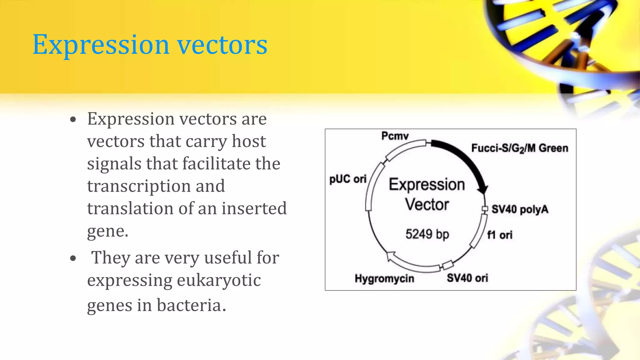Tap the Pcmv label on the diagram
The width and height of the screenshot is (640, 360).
pos(395,136)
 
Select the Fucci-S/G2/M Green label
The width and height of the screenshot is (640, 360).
pos(519,148)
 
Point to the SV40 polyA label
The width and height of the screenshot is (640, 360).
pos(520,209)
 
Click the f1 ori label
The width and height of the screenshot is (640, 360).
pos(500,235)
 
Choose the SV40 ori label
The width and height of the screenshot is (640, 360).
pos(467,278)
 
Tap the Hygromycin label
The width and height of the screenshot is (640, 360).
pos(384,278)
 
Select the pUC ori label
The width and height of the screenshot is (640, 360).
pos(348,179)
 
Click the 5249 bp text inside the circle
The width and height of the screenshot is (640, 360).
pos(427,234)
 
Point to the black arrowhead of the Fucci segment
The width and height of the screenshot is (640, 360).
pos(483,188)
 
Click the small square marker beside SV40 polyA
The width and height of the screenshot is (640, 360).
pos(485,209)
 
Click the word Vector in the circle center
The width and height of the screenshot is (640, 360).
pos(427,205)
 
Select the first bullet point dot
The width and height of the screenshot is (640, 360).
pos(73,120)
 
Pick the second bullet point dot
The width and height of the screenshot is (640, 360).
pos(73,258)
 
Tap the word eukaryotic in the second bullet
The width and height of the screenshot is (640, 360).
pos(219,280)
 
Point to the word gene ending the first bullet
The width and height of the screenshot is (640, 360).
pos(105,232)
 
